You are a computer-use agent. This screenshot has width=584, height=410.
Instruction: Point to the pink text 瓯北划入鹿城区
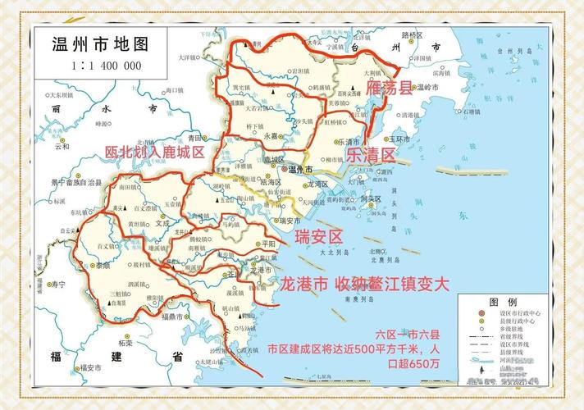(154, 152)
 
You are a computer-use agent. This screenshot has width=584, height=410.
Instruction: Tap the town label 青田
(194, 137)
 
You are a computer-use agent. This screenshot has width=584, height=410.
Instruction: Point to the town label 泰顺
(104, 266)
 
